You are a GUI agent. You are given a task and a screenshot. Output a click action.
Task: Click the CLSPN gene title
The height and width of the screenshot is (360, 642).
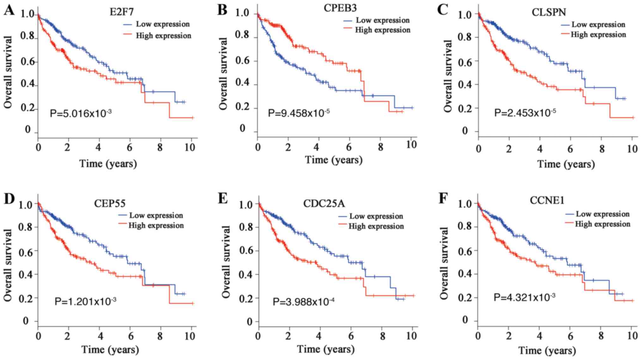click(549, 12)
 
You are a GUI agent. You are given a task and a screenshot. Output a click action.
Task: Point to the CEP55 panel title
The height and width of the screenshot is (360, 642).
click(110, 203)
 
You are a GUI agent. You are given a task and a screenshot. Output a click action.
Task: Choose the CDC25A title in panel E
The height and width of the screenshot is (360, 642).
click(324, 203)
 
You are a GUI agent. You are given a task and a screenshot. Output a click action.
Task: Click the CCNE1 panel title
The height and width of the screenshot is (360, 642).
click(547, 200)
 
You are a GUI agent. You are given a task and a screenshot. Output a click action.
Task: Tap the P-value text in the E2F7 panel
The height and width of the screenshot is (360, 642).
click(81, 113)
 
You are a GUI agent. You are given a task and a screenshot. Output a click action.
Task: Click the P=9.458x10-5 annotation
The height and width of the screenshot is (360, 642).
click(299, 113)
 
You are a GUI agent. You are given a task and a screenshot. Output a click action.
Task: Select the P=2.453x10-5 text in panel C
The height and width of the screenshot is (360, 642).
click(525, 113)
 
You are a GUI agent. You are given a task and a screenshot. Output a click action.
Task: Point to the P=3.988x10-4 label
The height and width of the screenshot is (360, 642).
click(303, 302)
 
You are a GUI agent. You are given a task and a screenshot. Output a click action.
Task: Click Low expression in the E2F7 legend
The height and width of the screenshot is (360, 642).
click(163, 24)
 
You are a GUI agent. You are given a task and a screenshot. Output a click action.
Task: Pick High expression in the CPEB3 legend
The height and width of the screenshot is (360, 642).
click(382, 30)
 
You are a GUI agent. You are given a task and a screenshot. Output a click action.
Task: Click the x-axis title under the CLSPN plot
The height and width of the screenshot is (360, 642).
click(566, 164)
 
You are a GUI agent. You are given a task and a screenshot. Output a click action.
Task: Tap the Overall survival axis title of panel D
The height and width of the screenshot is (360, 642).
click(8, 265)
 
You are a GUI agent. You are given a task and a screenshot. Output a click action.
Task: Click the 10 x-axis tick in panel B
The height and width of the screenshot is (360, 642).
click(411, 145)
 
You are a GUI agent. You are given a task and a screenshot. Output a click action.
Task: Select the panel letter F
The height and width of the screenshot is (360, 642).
click(443, 199)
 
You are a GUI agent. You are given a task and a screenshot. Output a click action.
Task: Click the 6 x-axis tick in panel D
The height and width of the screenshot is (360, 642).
click(131, 336)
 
